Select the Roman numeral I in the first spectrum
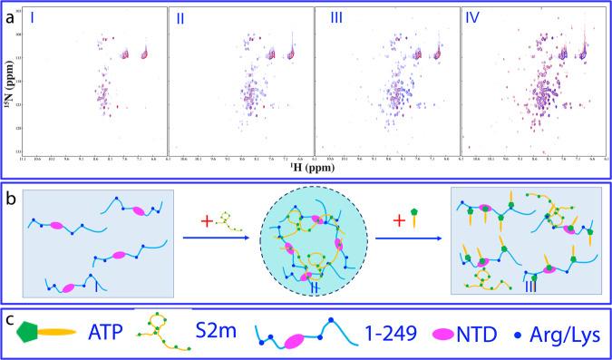click(32, 17)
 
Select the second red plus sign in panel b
click(396, 219)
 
